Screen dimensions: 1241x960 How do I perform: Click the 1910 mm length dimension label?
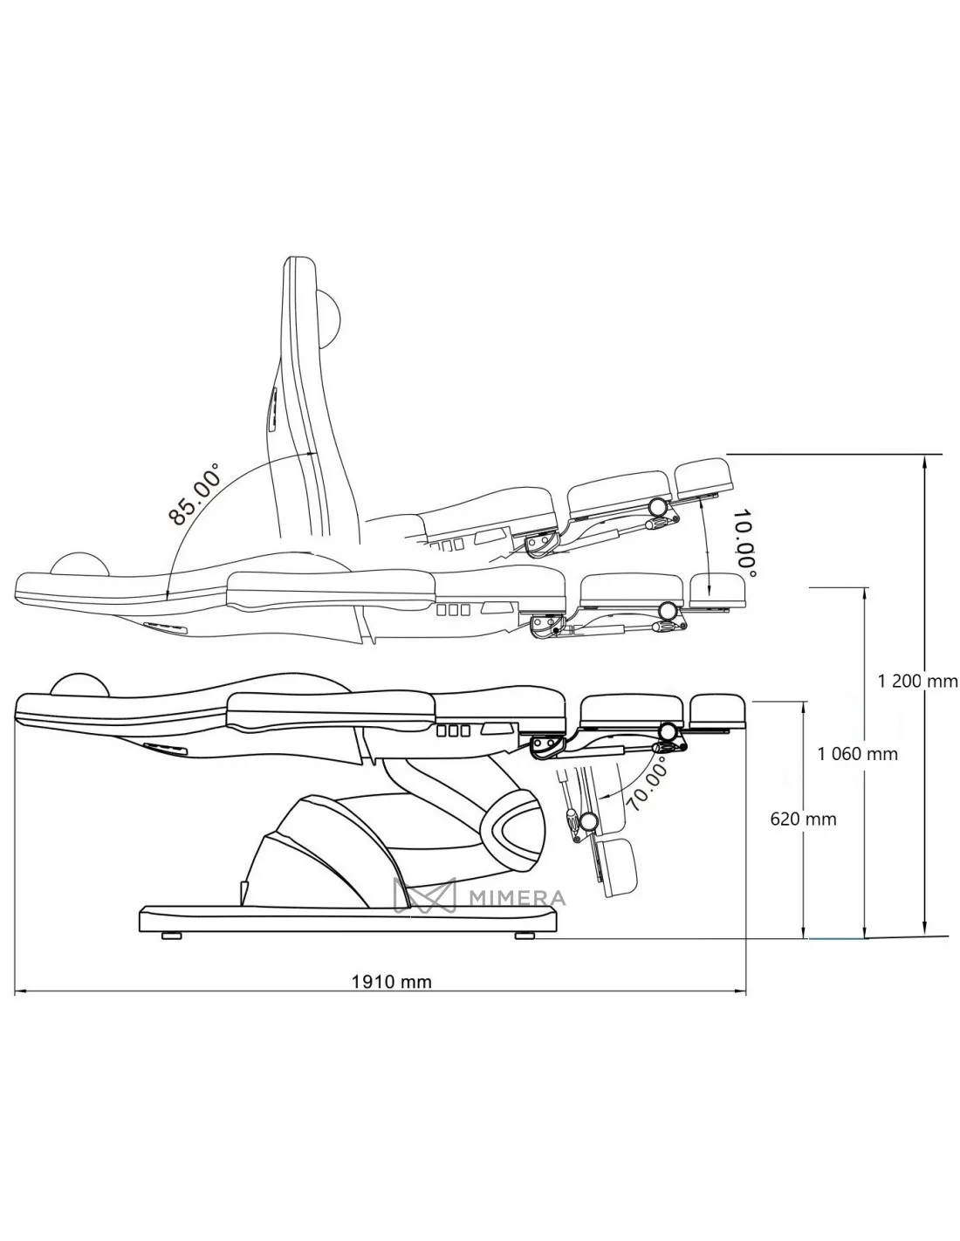[x=391, y=982]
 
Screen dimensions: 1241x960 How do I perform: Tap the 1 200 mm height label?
[x=917, y=682]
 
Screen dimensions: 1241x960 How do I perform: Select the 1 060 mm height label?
[x=857, y=754]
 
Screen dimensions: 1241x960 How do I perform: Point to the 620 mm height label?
[x=803, y=819]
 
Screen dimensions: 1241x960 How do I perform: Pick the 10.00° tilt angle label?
[x=744, y=541]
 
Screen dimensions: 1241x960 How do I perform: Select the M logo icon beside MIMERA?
[x=426, y=897]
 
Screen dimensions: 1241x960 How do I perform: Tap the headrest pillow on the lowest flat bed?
[x=79, y=685]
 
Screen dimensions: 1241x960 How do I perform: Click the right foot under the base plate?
[x=525, y=936]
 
